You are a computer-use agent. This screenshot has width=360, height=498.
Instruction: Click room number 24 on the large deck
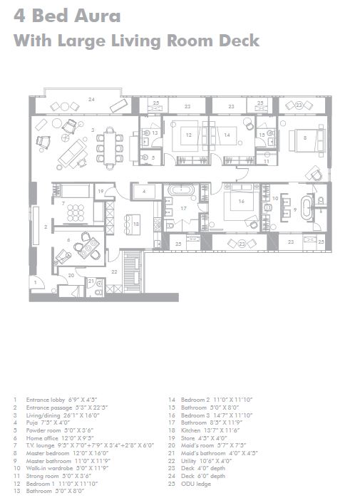pos(91,99)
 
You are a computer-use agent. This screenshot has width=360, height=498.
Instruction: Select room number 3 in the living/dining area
pos(93,129)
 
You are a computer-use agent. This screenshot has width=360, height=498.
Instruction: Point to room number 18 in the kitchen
pos(135,224)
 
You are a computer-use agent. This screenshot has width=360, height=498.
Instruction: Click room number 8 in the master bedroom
pos(304,137)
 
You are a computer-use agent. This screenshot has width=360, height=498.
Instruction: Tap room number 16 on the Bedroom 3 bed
pos(242,202)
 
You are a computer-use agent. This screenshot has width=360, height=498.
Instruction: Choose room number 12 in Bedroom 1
pos(189,134)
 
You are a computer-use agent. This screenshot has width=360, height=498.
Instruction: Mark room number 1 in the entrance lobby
pos(34,283)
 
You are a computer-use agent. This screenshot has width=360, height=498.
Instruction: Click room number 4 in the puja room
pos(143,192)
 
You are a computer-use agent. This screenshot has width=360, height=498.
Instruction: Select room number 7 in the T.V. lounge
pos(63,204)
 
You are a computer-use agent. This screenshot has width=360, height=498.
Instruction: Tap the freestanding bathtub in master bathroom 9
pos(308,210)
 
